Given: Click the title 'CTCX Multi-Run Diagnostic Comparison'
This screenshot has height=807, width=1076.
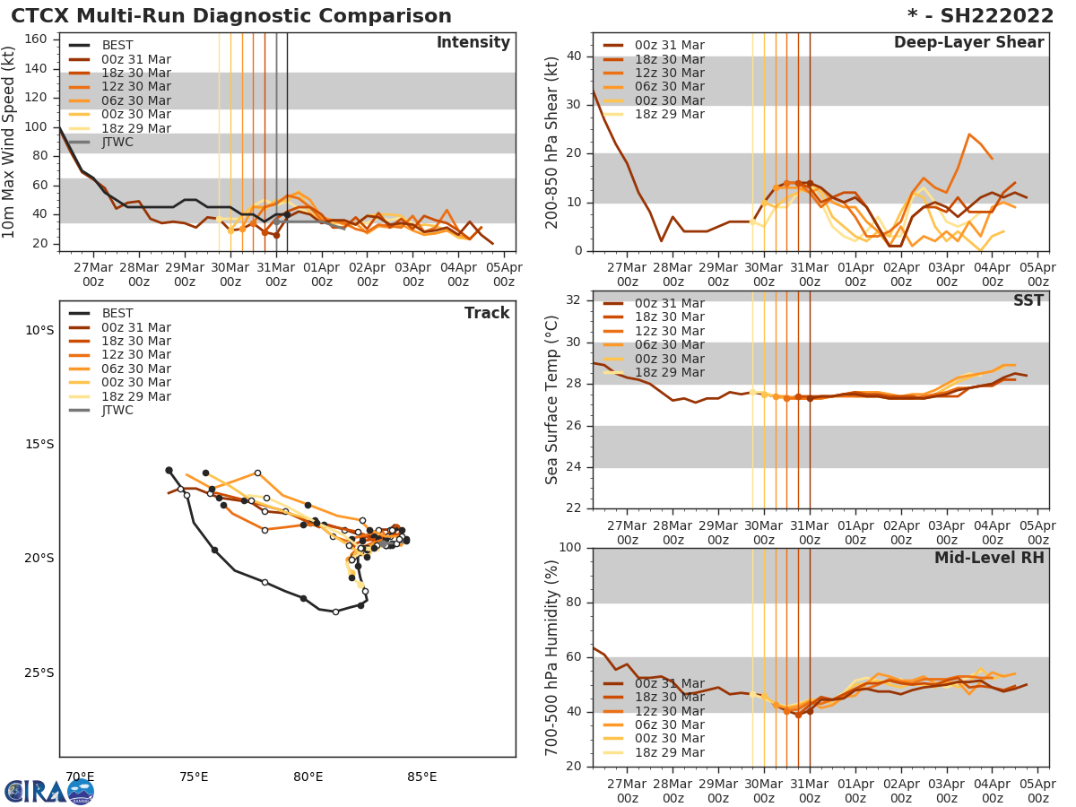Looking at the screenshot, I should coord(231,16).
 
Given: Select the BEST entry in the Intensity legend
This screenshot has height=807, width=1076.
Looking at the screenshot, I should coord(117,45).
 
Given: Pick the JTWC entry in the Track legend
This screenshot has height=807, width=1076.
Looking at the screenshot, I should coord(117,411).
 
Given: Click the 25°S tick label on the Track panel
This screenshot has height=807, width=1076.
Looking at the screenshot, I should coord(39,673).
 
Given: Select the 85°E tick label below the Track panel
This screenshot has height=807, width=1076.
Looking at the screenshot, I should coord(421,777).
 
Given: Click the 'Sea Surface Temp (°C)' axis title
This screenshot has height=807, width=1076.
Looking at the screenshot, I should coord(551,400).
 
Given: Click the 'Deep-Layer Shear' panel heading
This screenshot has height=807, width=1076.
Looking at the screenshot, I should coord(968,43).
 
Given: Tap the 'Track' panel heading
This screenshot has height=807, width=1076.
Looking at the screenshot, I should coord(486,313).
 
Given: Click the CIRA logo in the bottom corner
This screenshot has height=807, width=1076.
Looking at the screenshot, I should coord(48,791).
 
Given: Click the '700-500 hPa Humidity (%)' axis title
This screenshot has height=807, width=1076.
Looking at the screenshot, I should coord(551,657).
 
